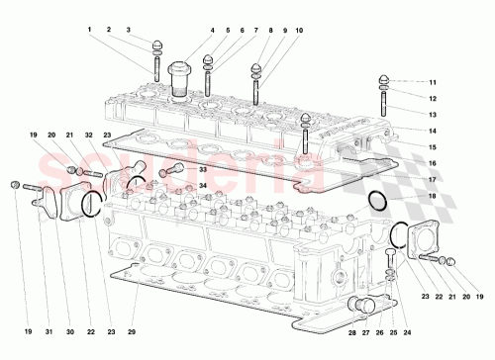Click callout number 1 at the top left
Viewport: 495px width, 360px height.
88,31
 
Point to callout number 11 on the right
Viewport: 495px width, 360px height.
432,81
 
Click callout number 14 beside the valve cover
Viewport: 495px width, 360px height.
432,131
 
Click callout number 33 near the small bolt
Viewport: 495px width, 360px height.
202,170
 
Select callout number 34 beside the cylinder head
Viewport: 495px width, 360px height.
202,185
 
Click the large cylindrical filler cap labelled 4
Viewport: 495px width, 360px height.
180,78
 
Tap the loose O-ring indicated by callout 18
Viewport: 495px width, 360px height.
376,204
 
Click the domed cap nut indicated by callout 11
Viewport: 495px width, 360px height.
382,81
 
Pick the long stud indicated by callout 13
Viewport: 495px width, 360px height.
382,111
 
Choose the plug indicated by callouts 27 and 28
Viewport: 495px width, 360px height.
357,305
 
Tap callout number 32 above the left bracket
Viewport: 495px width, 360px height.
88,135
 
